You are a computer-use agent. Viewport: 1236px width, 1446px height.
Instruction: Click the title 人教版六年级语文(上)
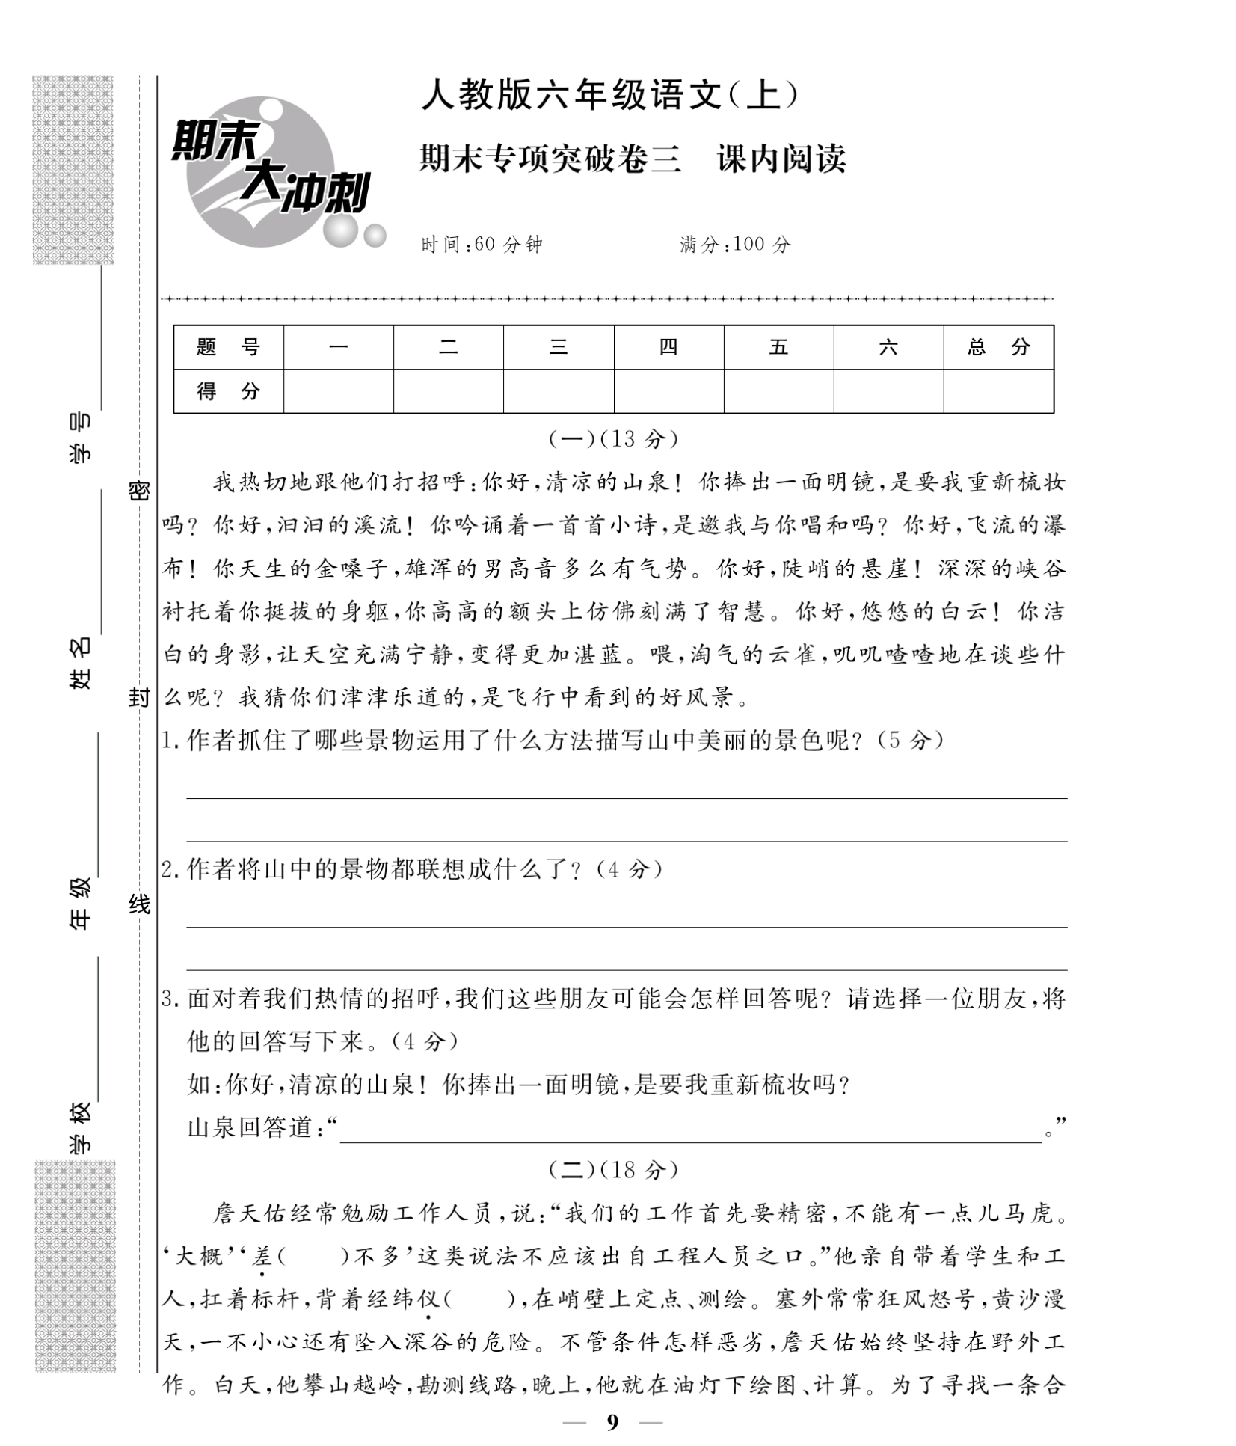(609, 96)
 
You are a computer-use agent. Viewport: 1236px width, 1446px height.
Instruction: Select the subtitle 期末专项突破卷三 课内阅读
(632, 159)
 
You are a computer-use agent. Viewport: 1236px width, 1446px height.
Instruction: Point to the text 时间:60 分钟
(482, 245)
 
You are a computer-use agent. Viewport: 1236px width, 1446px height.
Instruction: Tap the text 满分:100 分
(734, 245)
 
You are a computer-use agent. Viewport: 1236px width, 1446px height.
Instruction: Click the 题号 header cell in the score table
(228, 347)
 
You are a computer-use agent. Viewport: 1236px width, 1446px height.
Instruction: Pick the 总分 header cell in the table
(997, 347)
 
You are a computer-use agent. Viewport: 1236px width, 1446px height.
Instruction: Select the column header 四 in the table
(668, 347)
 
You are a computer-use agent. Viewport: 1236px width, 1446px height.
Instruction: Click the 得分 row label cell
(228, 390)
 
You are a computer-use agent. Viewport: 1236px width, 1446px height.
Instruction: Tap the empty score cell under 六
(888, 390)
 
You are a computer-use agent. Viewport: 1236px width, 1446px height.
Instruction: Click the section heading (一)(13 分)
(613, 439)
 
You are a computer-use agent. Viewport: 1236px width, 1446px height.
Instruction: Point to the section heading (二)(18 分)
(613, 1169)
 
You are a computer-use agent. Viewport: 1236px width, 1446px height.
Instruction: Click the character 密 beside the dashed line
(139, 491)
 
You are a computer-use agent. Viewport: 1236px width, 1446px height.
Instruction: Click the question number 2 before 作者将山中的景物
(167, 869)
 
